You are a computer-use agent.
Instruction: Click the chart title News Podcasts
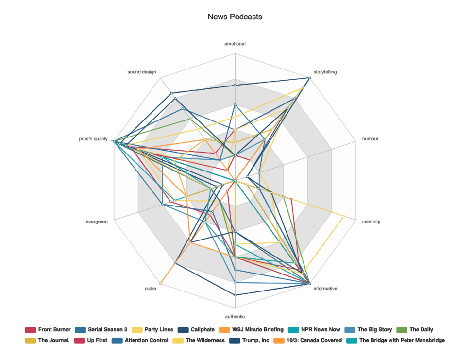[x=235, y=17]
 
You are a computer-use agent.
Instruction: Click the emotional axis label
[x=235, y=44]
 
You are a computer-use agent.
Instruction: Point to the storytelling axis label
[x=325, y=72]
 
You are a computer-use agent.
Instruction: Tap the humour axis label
[x=370, y=139]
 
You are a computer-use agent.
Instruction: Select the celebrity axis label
[x=371, y=222]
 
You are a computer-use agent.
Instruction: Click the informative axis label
[x=325, y=289]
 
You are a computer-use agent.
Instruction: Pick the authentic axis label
[x=235, y=316]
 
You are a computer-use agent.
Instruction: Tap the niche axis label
[x=151, y=289]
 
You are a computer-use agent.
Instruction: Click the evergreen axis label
[x=97, y=222]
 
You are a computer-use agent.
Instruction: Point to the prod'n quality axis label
[x=93, y=139]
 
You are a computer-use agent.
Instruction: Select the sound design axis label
[x=142, y=72]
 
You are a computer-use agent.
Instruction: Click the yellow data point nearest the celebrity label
[x=343, y=216]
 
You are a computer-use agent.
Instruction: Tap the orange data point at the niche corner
[x=160, y=284]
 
